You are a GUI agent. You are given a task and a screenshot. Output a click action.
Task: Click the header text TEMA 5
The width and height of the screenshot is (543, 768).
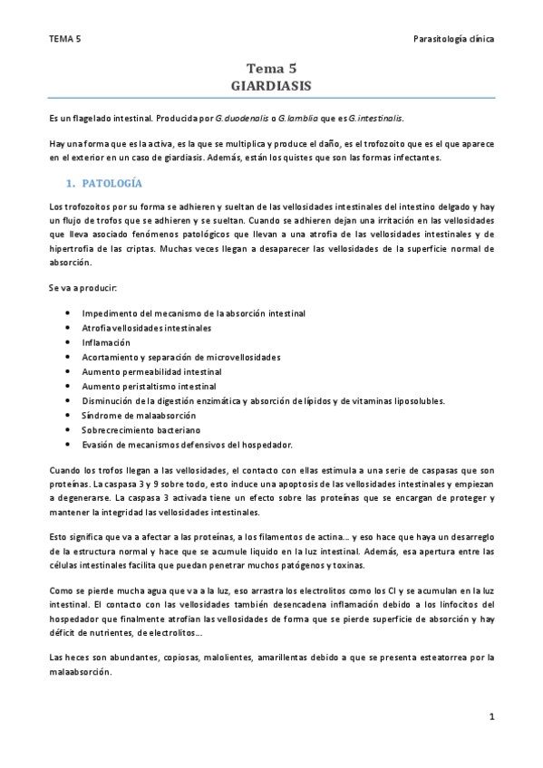click(65, 39)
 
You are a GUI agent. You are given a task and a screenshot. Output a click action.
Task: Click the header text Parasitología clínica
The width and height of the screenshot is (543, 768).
click(452, 39)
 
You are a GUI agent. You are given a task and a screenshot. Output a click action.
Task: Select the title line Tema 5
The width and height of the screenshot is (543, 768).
click(272, 68)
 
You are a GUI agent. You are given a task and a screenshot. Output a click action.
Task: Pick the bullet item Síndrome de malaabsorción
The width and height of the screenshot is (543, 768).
click(132, 415)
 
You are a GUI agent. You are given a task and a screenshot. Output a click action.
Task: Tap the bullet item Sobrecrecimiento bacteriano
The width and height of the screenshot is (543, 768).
click(135, 429)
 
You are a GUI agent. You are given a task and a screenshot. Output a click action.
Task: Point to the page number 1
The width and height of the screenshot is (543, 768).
click(491, 716)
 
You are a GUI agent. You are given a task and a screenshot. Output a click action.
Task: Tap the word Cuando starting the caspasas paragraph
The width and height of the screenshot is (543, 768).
click(66, 471)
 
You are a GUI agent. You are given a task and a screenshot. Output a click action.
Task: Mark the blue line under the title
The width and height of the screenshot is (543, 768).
click(272, 97)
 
